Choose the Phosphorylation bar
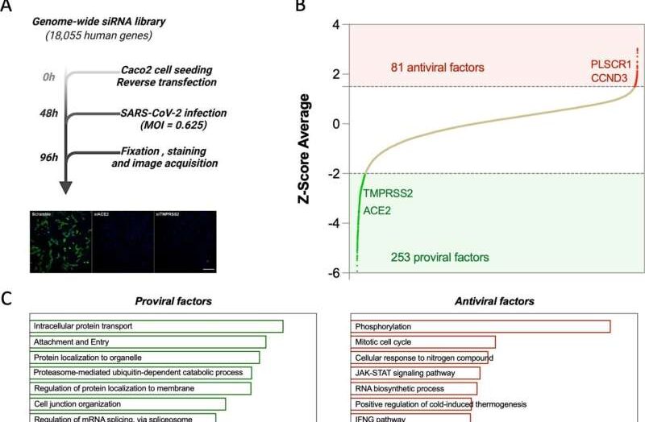[x=481, y=326]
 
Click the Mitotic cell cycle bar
[x=423, y=341]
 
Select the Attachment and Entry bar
[x=148, y=341]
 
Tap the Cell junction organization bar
[x=127, y=403]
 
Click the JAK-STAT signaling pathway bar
[x=415, y=373]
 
